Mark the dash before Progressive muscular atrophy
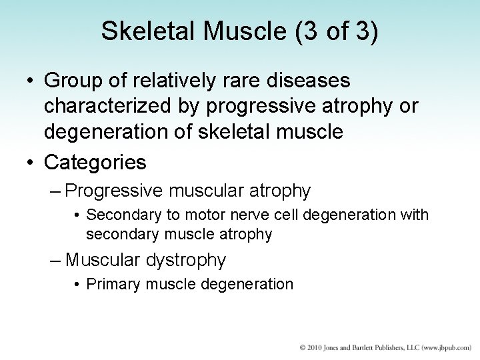point(56,191)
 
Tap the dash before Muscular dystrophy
point(56,259)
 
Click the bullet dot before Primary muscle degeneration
point(78,285)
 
